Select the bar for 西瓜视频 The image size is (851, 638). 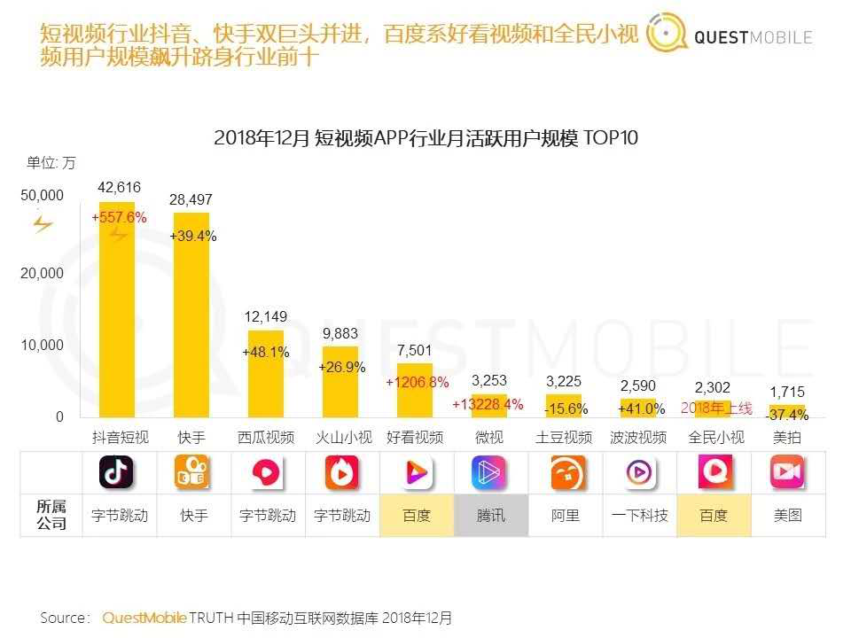(x=265, y=372)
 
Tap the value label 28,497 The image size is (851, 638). (x=191, y=200)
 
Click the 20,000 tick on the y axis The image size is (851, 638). (x=43, y=273)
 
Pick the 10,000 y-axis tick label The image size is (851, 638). (x=43, y=345)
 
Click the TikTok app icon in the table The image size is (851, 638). (x=116, y=473)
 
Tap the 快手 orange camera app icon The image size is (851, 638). (x=192, y=473)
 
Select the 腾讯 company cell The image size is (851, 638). (x=491, y=515)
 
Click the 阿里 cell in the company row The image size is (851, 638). (x=566, y=515)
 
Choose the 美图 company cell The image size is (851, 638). (x=787, y=515)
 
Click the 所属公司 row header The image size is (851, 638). (x=51, y=515)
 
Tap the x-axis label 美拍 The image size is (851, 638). (x=787, y=437)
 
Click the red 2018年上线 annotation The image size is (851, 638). (x=716, y=408)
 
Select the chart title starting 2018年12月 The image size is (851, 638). (x=425, y=138)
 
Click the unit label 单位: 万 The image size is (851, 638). (x=51, y=162)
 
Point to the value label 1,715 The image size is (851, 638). (x=787, y=391)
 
